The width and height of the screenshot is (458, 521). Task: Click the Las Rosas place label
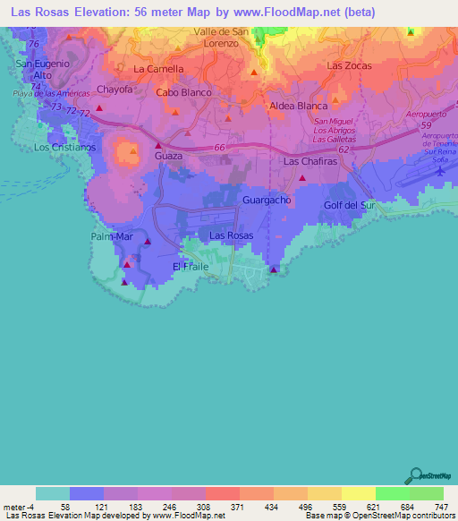(231, 235)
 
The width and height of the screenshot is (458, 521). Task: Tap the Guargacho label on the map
(266, 201)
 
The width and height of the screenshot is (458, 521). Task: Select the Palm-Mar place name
(112, 236)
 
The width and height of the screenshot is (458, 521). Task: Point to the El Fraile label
(190, 267)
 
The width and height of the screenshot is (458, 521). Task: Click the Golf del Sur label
(348, 206)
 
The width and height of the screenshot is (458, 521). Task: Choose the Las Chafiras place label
(309, 162)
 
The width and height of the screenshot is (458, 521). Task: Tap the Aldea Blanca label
(299, 106)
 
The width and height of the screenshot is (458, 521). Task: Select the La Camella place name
(158, 69)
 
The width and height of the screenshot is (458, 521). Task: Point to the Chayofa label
(114, 90)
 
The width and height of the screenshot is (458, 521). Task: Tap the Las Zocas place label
(349, 66)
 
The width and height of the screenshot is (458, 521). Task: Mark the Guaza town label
(168, 156)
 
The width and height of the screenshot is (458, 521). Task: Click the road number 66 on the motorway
(220, 149)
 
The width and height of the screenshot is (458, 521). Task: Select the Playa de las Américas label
(51, 94)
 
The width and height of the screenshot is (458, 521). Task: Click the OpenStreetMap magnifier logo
(413, 475)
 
